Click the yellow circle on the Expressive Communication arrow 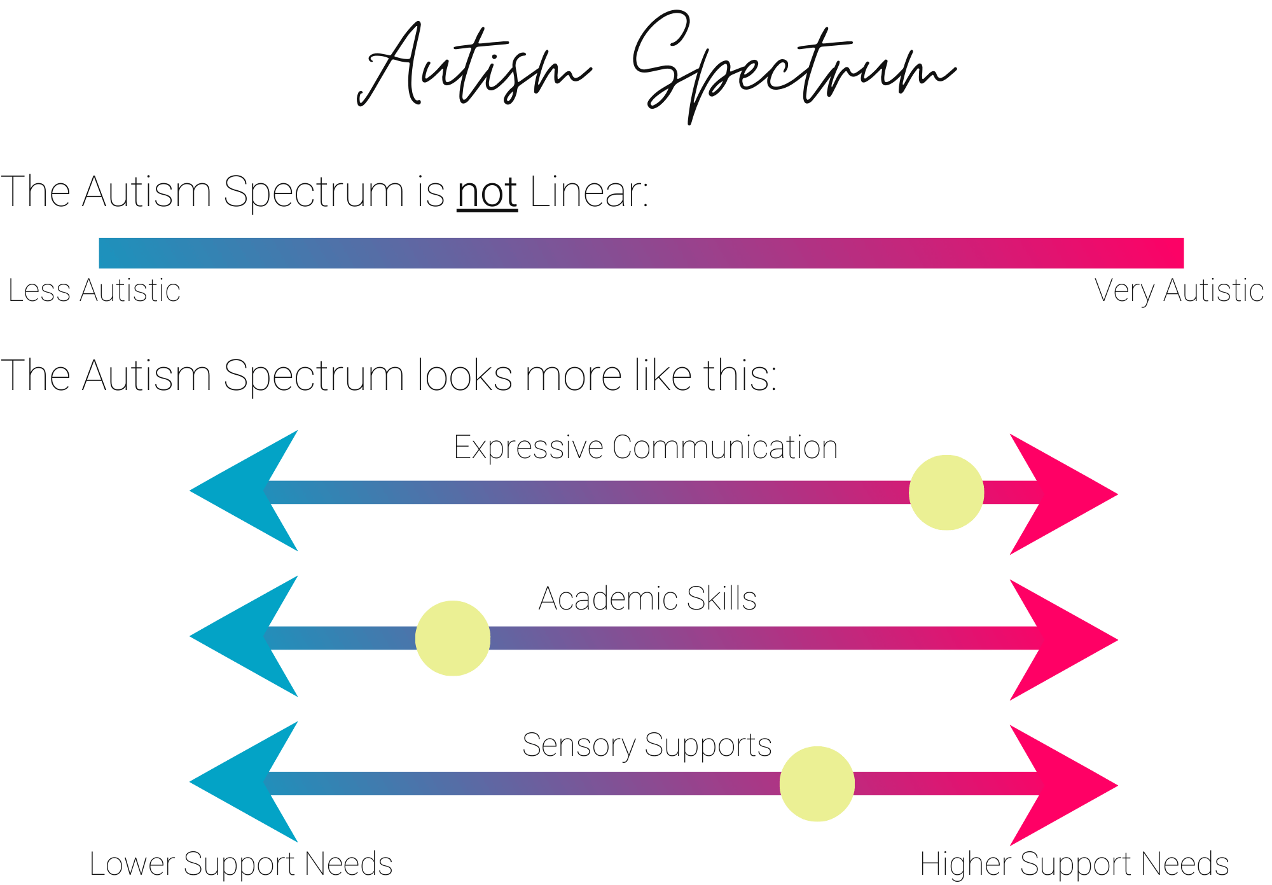(x=946, y=492)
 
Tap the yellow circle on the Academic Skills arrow (x=453, y=638)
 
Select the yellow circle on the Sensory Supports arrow (x=817, y=784)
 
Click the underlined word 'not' (x=487, y=192)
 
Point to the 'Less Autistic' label (x=94, y=291)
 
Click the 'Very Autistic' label (x=1179, y=291)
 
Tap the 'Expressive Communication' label (x=646, y=447)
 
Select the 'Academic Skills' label (x=647, y=599)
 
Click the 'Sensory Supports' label (x=647, y=745)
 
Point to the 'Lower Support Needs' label (x=241, y=864)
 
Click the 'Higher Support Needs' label (x=1074, y=864)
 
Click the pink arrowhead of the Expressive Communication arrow (x=1062, y=494)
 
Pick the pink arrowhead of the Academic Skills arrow (x=1062, y=639)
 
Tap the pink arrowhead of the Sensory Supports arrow (x=1062, y=785)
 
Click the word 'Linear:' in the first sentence (x=589, y=192)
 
